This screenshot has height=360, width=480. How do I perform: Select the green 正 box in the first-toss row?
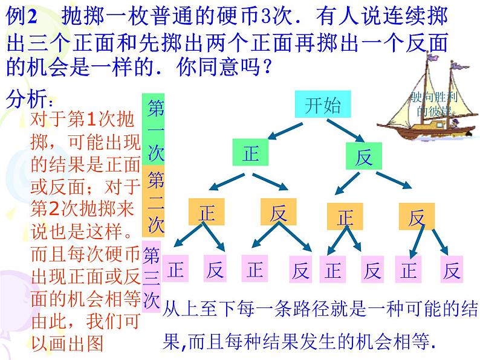tap(251, 153)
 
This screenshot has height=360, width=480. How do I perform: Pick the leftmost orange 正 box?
tap(207, 213)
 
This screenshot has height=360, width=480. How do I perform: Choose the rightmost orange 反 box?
tap(417, 216)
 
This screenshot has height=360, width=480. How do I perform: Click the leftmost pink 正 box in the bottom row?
tap(175, 269)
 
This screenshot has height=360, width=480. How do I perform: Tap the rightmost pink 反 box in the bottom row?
tap(450, 270)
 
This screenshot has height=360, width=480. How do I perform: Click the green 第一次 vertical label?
tap(156, 129)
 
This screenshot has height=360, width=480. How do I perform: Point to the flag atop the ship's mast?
tap(432, 58)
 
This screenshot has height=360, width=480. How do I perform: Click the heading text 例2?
tap(21, 18)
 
